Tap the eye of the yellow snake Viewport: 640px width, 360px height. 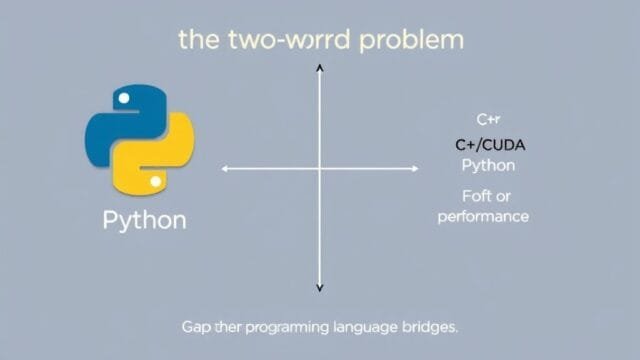pos(155,183)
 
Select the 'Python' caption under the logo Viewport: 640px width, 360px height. pos(144,220)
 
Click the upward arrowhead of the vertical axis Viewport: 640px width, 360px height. pos(320,66)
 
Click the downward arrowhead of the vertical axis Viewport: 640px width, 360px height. pos(320,288)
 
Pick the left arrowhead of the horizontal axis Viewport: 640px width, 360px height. pos(225,169)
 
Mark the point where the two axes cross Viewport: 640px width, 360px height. pos(320,169)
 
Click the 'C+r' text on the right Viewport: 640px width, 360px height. pos(488,119)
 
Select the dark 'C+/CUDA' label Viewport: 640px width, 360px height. pos(490,145)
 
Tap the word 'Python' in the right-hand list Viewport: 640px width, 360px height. pos(488,165)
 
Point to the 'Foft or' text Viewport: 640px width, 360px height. pos(485,195)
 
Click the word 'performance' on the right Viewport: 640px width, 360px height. pos(483,216)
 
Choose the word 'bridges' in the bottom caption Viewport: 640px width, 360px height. pos(430,327)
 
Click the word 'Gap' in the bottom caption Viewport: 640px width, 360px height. pos(196,327)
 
